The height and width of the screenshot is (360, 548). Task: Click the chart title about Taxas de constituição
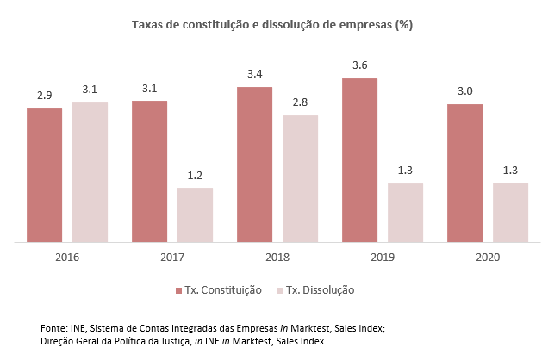coord(271,25)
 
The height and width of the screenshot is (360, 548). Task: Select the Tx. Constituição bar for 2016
coord(44,175)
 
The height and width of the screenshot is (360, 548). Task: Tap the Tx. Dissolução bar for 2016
coord(90,172)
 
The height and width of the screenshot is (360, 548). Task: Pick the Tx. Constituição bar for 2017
coord(149,171)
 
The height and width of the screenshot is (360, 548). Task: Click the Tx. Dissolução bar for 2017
coord(195,215)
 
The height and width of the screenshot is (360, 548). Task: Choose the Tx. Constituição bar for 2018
coord(254,164)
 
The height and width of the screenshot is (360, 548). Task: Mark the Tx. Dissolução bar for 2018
coord(300,178)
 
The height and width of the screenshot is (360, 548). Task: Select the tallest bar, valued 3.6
coord(359,160)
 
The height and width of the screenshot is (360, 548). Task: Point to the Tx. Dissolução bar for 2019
coord(405,213)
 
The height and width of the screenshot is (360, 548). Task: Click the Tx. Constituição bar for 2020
coord(464,173)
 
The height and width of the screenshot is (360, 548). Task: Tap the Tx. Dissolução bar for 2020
coord(510,213)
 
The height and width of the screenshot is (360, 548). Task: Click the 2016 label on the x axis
coord(66,257)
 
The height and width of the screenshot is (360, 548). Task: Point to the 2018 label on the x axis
coord(277,257)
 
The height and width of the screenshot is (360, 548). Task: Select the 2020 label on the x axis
coord(487,257)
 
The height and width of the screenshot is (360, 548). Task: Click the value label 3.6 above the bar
coord(359,65)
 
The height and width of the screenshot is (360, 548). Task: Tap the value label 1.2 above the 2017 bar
coord(195,175)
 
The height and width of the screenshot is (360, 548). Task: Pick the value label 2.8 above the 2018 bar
coord(300,102)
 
